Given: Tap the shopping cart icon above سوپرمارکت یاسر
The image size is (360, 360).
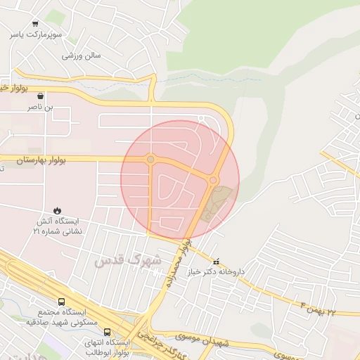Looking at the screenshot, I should (35, 23).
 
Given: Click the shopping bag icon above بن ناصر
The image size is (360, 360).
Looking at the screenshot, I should (41, 96).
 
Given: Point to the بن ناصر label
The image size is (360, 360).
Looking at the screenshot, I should (40, 107).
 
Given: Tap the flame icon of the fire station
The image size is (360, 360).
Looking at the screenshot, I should (57, 210).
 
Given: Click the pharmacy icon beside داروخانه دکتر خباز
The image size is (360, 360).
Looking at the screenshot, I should (216, 261).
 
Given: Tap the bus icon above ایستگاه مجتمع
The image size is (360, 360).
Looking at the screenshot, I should (61, 301).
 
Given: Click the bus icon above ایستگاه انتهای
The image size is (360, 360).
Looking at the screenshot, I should (107, 332).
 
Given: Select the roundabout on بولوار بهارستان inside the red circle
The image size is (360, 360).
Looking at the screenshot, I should (150, 160).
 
